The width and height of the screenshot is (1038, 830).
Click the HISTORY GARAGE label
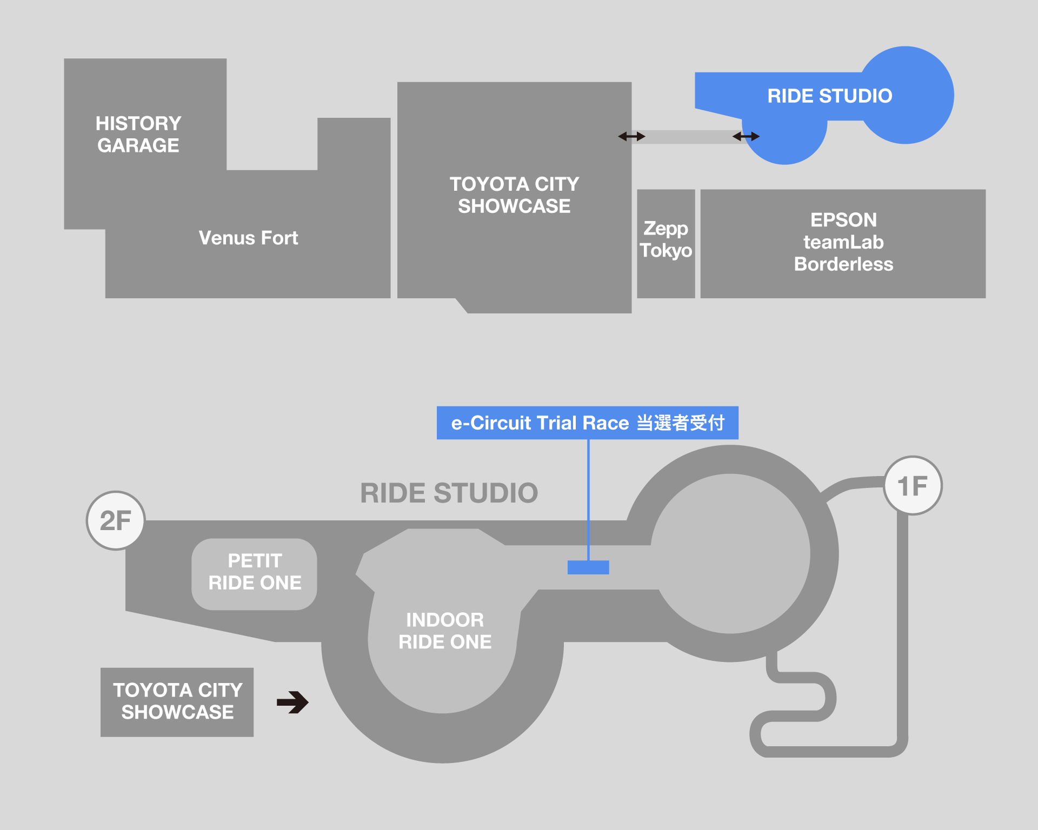tap(138, 135)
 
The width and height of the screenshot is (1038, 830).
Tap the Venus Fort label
tap(248, 238)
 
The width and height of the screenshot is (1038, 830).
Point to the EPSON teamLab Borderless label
tap(843, 242)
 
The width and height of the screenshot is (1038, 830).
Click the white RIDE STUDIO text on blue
tap(829, 96)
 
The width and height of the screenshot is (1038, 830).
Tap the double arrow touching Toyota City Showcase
tap(631, 137)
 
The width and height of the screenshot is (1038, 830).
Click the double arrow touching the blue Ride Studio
tap(746, 137)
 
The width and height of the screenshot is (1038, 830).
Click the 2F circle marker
tap(116, 520)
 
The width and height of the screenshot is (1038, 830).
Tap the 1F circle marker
tap(913, 485)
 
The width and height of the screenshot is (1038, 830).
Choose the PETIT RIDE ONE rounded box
tap(255, 573)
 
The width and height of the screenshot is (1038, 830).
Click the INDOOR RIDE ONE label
tap(445, 631)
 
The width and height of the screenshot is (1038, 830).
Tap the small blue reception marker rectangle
tap(588, 567)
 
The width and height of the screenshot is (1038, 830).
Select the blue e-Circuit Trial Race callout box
tap(587, 423)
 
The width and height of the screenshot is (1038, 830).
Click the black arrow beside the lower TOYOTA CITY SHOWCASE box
tap(292, 702)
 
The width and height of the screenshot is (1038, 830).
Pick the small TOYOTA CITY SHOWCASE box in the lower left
tap(177, 701)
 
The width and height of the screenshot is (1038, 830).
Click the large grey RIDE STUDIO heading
tap(449, 493)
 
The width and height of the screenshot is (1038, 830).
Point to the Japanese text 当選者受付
tap(680, 423)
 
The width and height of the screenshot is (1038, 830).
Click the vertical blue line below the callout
tap(588, 500)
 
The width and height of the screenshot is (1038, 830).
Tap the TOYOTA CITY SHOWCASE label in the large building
tap(514, 195)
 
